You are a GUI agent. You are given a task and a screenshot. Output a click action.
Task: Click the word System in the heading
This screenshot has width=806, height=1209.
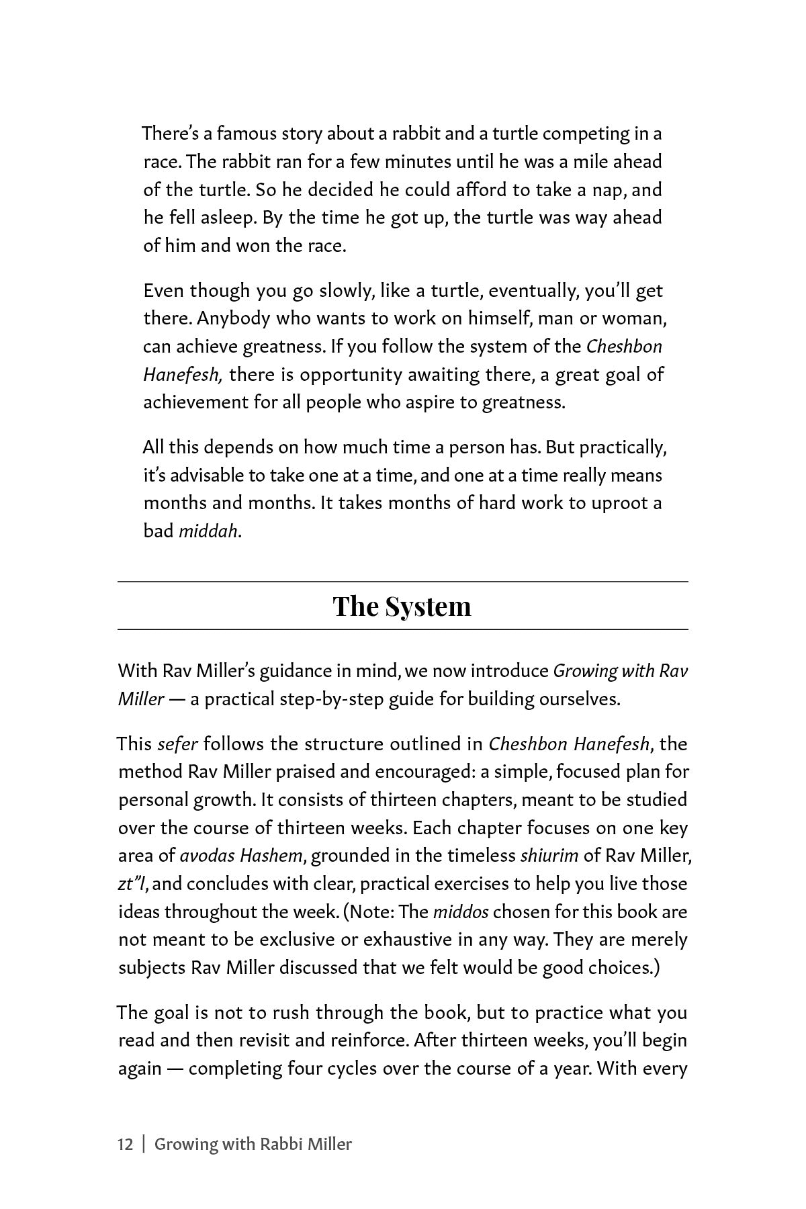pos(427,606)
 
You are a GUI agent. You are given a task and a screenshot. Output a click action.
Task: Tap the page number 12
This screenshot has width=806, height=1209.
pos(126,1144)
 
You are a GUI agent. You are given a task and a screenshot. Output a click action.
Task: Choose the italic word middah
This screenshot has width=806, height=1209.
pos(208,531)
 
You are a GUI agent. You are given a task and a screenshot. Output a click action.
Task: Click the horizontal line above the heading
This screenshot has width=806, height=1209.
pos(403,581)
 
